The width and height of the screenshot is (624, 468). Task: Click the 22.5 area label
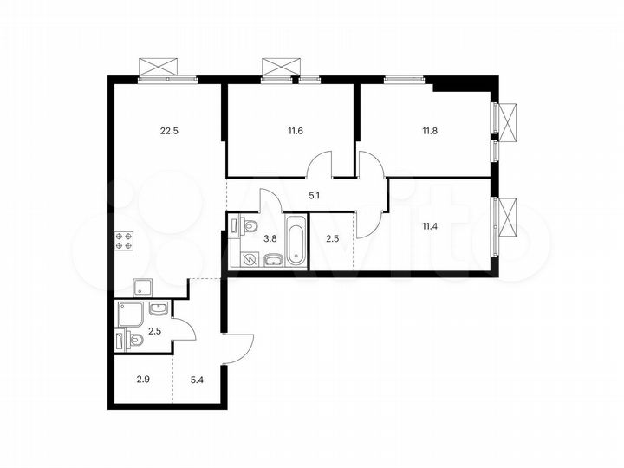170,132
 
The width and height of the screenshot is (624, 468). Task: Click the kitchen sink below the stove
141,287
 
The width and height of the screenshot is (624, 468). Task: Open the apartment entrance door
238,348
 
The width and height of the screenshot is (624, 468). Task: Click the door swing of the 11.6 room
322,165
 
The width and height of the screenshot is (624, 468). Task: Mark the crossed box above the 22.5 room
165,67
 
